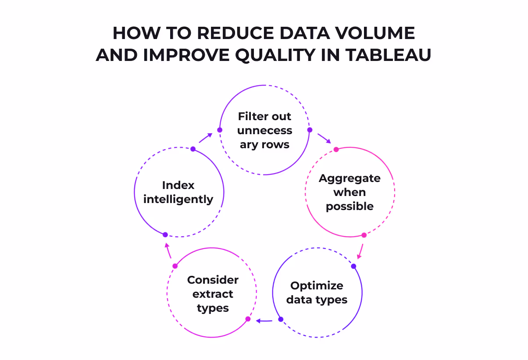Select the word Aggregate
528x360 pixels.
pyautogui.click(x=350, y=178)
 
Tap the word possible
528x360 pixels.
pyautogui.click(x=350, y=207)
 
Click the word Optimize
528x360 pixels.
pyautogui.click(x=317, y=286)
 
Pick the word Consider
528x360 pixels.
pyautogui.click(x=213, y=280)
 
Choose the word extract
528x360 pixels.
pyautogui.click(x=213, y=294)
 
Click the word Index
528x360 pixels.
pyautogui.click(x=178, y=185)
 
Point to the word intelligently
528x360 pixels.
pyautogui.click(x=178, y=199)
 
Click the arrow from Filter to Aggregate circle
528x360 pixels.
pyautogui.click(x=325, y=138)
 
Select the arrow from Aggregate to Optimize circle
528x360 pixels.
pyautogui.click(x=360, y=251)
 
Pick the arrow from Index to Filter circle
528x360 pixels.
pyautogui.click(x=205, y=138)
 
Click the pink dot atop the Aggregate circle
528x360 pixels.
pyautogui.click(x=336, y=150)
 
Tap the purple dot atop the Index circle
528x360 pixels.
pyautogui.click(x=193, y=149)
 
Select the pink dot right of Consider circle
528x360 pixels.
pyautogui.click(x=248, y=319)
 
